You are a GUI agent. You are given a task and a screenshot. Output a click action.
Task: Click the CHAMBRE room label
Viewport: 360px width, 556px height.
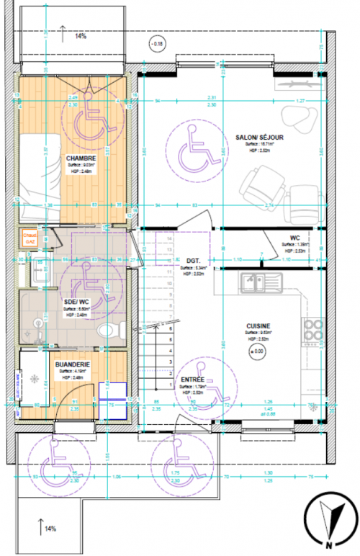82,158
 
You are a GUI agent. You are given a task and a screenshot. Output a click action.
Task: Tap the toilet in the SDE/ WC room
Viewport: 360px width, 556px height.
108,331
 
